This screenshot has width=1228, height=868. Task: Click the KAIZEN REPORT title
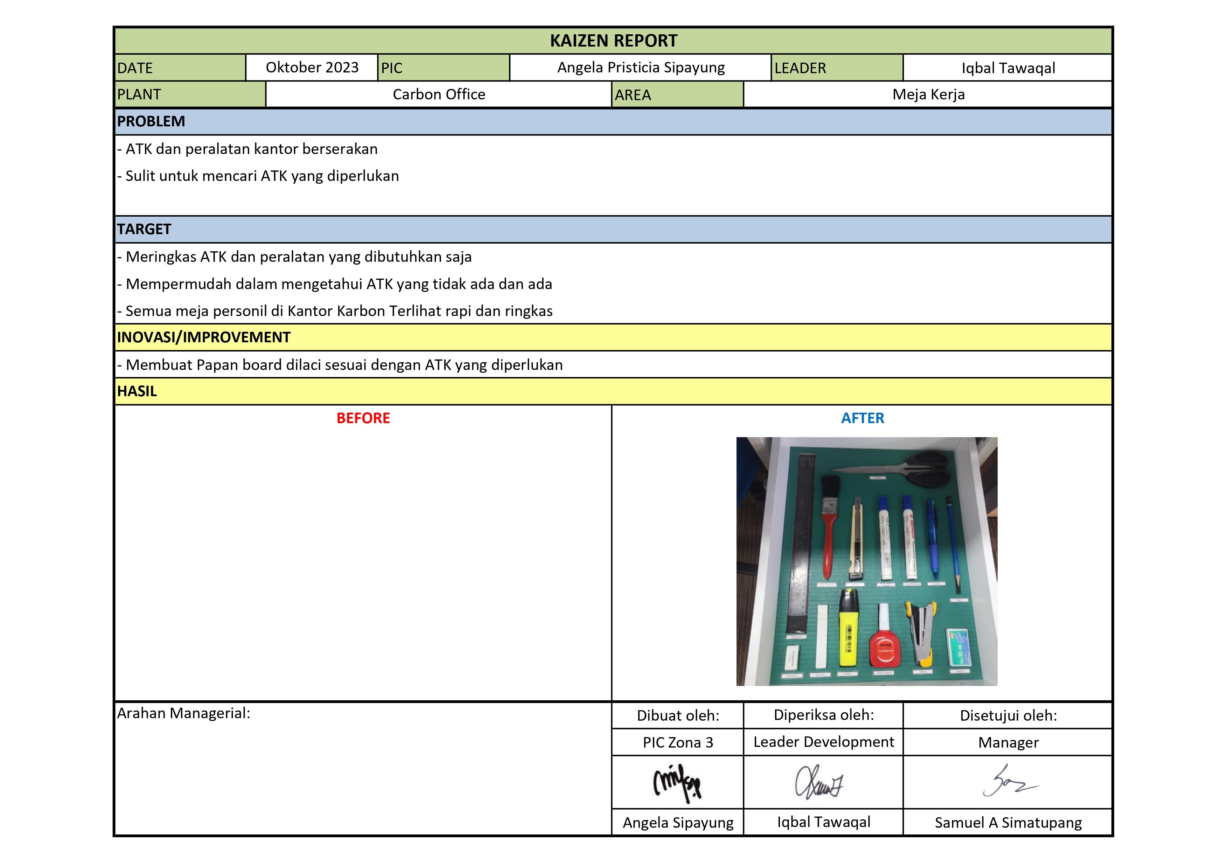pos(613,41)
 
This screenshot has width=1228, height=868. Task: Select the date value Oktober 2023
pos(312,68)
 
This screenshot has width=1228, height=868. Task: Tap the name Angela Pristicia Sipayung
pos(641,68)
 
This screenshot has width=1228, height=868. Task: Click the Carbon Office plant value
pos(439,94)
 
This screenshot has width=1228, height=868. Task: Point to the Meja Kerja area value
pos(928,94)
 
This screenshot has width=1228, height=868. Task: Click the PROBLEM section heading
pos(151,121)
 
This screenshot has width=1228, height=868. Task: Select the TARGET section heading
pos(145,229)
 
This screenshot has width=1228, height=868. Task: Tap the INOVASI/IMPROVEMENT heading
pos(204,337)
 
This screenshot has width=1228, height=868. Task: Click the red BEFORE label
pos(363,418)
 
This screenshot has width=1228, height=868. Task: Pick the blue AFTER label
pos(862,418)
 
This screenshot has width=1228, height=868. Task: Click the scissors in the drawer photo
pos(904,468)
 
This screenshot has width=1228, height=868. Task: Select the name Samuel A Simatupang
pos(1008,822)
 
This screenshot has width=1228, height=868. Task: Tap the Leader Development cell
pos(824,742)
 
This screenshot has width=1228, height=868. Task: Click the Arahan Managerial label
pos(183,713)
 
